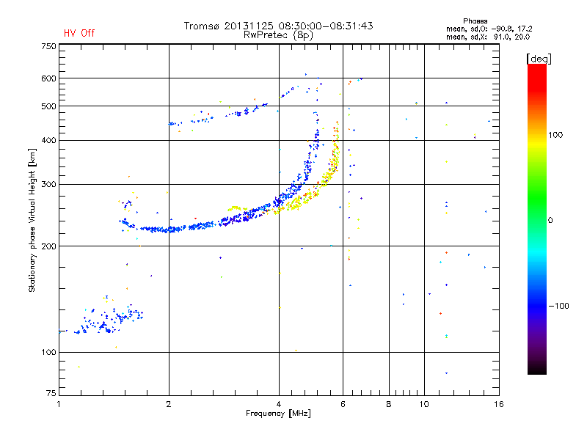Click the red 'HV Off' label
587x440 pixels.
[x=79, y=33]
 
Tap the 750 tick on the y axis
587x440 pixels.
[x=49, y=46]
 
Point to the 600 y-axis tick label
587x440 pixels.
[x=49, y=78]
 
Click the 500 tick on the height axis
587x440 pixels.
[x=49, y=106]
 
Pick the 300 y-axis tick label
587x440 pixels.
[x=49, y=185]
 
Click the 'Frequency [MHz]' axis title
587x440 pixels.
[x=278, y=414]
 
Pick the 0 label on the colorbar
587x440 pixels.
[x=552, y=220]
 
